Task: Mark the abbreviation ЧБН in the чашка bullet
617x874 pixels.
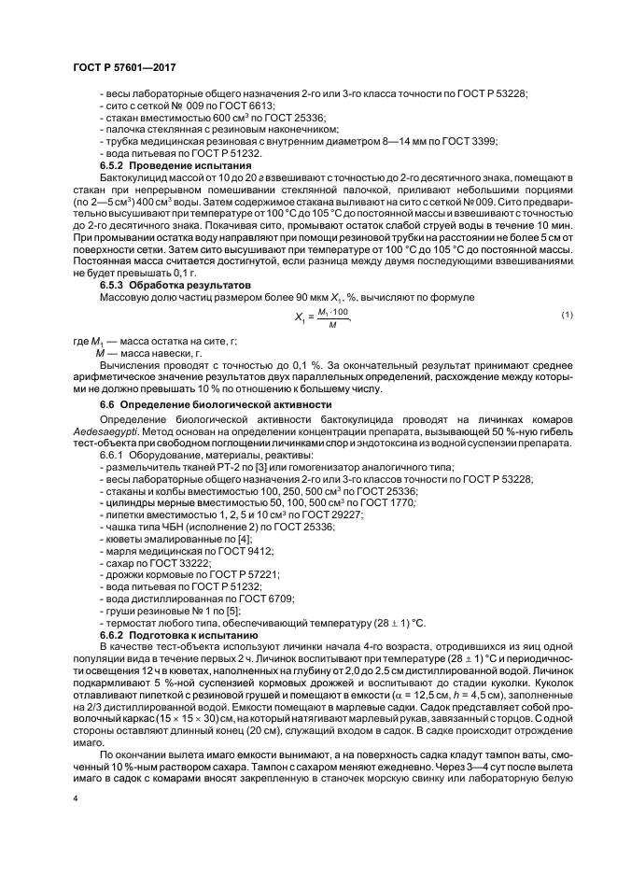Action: coord(166,527)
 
